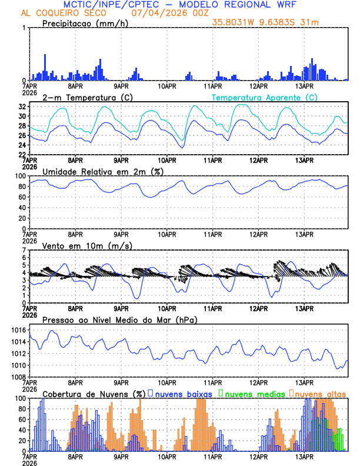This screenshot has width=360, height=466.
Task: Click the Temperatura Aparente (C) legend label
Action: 264,97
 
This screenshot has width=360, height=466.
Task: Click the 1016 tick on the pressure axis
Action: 18,330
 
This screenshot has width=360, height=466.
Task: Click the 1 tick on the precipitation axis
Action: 24,28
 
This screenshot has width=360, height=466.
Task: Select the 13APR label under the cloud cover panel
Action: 304,457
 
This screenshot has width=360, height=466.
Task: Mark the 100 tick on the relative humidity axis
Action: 19,176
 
